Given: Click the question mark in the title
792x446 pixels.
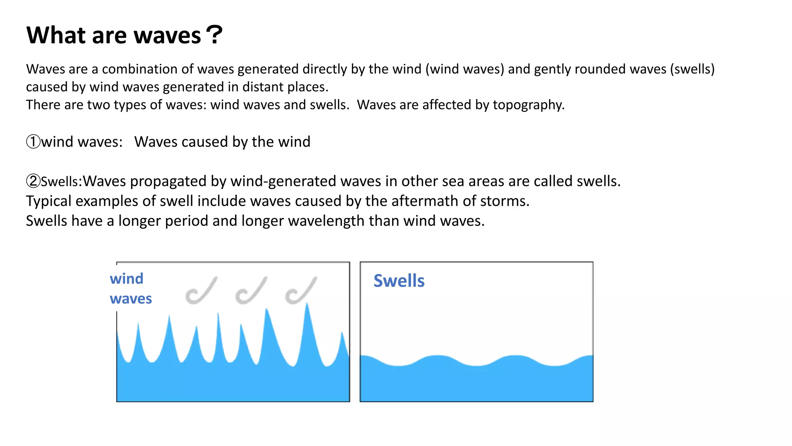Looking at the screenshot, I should click(214, 35).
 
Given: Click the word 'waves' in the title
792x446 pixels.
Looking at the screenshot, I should click(167, 36).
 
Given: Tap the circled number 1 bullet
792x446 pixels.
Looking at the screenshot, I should click(33, 142).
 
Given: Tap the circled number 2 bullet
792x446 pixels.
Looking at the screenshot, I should click(33, 181).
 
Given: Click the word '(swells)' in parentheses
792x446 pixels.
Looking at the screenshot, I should click(692, 69).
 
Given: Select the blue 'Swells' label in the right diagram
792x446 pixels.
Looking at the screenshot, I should click(399, 281).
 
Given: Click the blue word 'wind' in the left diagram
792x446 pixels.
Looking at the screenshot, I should click(126, 279).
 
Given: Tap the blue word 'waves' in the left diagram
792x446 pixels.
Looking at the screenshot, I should click(131, 298).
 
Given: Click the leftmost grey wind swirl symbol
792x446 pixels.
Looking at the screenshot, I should click(201, 291).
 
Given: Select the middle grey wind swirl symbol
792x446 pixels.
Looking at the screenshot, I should click(251, 291).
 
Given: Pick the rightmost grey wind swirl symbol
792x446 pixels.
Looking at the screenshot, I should click(300, 291).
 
